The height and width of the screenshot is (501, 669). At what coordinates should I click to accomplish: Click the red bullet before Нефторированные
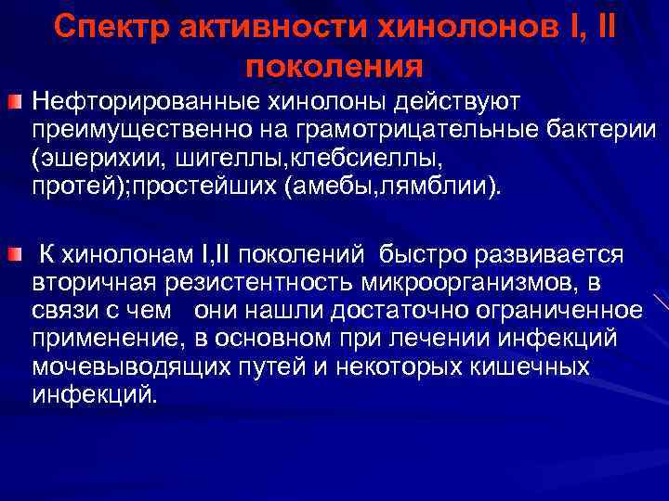tap(18, 99)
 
